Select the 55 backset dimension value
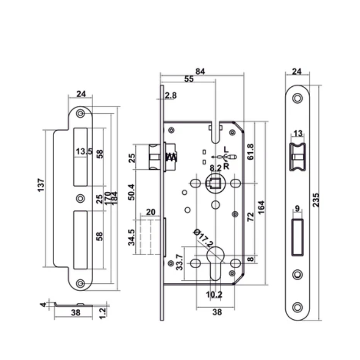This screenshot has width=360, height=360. point(188,79)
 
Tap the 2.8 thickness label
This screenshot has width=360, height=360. point(171,96)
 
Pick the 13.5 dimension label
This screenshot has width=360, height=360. point(83,152)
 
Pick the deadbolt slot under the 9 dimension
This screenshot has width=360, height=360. point(297,238)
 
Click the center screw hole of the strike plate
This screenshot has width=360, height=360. point(80,197)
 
